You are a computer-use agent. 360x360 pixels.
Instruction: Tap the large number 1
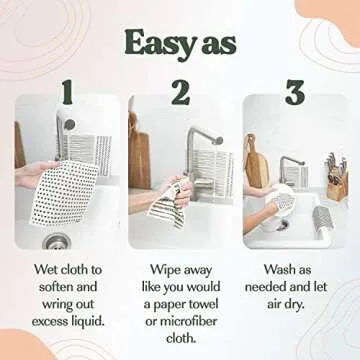click(67, 93)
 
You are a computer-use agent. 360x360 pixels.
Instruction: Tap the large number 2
click(181, 93)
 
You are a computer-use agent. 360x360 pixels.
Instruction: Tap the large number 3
click(294, 93)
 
